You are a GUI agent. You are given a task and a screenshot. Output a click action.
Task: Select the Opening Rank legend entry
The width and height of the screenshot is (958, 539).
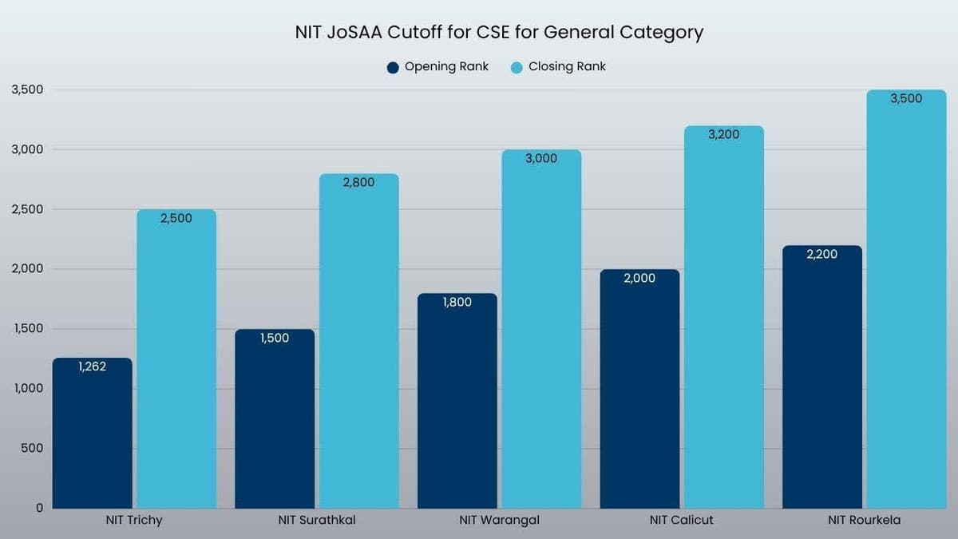437,67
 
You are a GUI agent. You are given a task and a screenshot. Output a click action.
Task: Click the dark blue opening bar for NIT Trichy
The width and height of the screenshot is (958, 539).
93,439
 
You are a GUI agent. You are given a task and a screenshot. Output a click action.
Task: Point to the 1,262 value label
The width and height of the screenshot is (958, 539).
93,367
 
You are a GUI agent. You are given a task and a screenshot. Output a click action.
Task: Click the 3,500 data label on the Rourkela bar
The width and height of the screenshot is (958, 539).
906,99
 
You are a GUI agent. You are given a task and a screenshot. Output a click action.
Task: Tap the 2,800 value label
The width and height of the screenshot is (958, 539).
358,183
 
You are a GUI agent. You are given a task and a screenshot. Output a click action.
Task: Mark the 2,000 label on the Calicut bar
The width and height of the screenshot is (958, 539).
639,279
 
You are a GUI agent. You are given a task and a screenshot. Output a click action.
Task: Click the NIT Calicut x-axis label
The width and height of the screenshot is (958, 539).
681,521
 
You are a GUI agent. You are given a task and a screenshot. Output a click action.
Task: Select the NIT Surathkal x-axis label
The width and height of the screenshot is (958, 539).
317,521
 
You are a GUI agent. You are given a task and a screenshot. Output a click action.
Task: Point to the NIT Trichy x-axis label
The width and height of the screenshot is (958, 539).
134,521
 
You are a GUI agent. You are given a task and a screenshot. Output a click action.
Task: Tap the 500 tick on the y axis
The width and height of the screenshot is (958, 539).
32,449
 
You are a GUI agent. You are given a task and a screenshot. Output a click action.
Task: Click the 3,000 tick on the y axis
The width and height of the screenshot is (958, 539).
28,149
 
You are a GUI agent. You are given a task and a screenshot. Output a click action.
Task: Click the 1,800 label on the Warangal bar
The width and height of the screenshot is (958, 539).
457,303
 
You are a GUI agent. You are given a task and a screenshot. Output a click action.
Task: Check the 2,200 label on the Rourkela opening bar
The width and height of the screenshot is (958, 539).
822,255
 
